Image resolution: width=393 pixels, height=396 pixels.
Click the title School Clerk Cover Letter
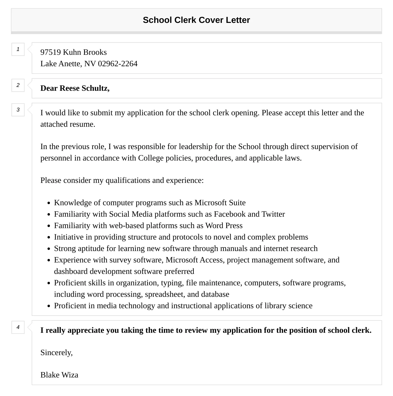point(196,20)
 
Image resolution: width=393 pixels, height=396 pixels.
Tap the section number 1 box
point(18,49)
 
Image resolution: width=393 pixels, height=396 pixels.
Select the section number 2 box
point(18,85)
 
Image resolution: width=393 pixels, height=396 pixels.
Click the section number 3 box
point(18,110)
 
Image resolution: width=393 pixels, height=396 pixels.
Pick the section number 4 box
point(18,327)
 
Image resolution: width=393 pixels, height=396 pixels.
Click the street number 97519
point(50,52)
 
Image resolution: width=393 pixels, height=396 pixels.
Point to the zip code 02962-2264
point(118,64)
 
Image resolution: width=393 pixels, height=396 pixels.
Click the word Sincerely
point(56,353)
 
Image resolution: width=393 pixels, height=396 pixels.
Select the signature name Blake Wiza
point(59,375)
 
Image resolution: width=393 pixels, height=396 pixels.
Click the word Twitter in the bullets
point(273,214)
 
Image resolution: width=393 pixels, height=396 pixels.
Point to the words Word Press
point(224,226)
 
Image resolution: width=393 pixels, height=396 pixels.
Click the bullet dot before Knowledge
point(49,203)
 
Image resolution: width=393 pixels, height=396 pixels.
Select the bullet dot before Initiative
point(49,238)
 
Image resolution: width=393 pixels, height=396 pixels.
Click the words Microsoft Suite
point(220,203)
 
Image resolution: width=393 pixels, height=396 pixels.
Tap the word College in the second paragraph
point(151,158)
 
